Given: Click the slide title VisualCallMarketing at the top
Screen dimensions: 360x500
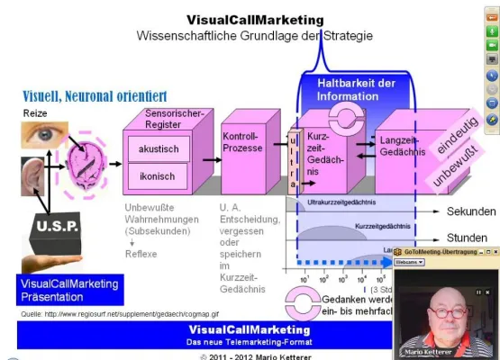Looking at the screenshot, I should tap(254, 19).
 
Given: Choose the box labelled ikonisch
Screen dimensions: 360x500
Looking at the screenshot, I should tap(158, 175).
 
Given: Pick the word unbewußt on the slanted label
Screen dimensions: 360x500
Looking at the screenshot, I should tap(459, 166).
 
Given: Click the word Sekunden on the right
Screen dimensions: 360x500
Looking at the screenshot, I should tap(470, 211).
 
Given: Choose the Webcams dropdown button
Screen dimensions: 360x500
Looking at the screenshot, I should tap(411, 262).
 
